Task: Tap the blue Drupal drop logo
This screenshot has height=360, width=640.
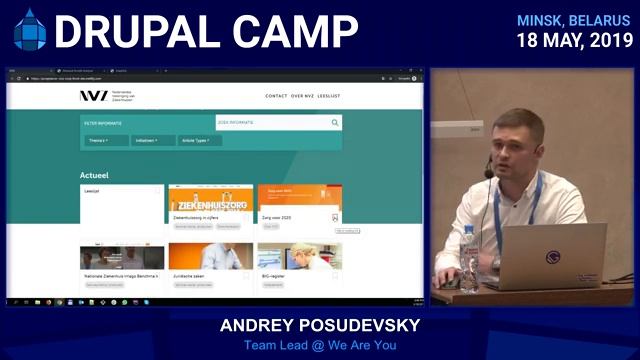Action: pos(29,30)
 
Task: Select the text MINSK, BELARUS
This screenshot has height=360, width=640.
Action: pos(574,20)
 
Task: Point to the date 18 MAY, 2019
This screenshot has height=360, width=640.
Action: pos(574,41)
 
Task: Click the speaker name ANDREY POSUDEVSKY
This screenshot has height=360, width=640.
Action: pos(319,327)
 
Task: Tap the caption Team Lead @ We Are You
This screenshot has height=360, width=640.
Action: pos(319,346)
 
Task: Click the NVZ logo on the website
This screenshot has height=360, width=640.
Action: pos(94,96)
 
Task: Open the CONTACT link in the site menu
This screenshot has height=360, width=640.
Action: pos(276,96)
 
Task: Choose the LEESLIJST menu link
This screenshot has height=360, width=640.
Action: pos(329,96)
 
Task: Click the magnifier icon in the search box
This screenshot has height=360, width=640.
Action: pos(335,123)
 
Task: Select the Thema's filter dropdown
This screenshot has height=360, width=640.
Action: pos(100,141)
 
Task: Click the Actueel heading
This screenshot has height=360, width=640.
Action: pos(94,175)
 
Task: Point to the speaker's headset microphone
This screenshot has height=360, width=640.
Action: pos(489,173)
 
